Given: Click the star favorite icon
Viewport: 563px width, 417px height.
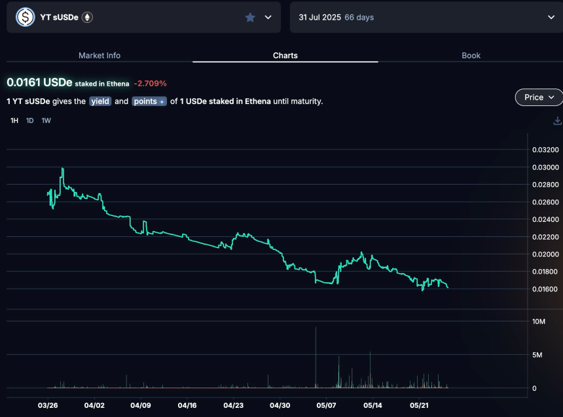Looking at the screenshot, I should (250, 18).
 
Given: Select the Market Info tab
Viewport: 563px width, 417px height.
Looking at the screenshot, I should (100, 56).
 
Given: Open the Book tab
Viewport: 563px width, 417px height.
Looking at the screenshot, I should (471, 56).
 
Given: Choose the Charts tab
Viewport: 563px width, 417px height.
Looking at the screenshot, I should (285, 56).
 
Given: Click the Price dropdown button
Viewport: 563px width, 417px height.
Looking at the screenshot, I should (539, 98).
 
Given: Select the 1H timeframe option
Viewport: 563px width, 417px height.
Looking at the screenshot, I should (14, 120).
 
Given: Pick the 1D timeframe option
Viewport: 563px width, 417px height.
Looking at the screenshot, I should (29, 120).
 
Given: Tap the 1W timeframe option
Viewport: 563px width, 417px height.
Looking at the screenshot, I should (46, 120).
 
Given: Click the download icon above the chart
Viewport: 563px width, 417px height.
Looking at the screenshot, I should (557, 120).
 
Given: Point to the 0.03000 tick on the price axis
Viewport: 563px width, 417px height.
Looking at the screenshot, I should (545, 168).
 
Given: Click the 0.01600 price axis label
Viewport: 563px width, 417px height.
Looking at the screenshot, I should (545, 289).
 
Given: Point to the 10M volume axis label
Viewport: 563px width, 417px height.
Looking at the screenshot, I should (539, 321).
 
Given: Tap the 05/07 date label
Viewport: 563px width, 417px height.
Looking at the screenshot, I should (326, 406).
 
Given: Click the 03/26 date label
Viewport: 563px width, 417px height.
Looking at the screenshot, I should (48, 406).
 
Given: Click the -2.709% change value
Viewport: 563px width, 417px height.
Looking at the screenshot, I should (150, 84).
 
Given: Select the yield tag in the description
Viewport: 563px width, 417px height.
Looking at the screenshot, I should (100, 101).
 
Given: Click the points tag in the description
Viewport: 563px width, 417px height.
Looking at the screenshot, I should (149, 101).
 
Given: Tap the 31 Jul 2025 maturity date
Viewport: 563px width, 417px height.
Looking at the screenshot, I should (319, 18).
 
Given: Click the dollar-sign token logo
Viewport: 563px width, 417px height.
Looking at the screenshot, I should (25, 17).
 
